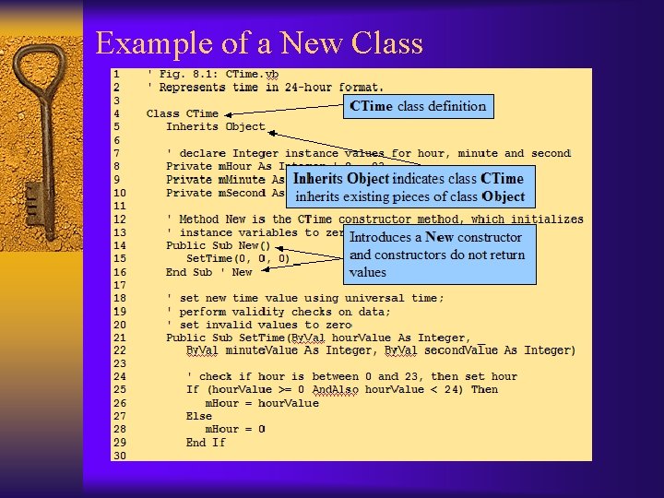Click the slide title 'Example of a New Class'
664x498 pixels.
click(259, 43)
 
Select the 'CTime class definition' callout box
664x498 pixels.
click(418, 106)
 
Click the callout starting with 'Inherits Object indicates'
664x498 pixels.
click(409, 187)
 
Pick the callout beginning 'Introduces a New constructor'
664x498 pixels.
click(435, 255)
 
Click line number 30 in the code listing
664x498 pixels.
click(119, 456)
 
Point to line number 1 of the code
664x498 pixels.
click(116, 74)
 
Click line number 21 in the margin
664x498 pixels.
click(119, 338)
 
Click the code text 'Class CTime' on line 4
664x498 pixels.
click(183, 113)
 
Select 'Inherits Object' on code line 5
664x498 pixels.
click(216, 126)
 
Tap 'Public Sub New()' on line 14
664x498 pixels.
click(219, 245)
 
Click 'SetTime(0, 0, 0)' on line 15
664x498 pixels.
click(238, 259)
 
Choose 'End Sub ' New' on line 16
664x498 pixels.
click(209, 272)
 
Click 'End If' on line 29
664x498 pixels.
click(206, 443)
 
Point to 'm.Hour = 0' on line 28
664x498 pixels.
click(235, 429)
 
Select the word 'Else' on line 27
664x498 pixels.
click(199, 416)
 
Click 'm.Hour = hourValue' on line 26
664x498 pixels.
click(262, 403)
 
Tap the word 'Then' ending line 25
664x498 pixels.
click(484, 389)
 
